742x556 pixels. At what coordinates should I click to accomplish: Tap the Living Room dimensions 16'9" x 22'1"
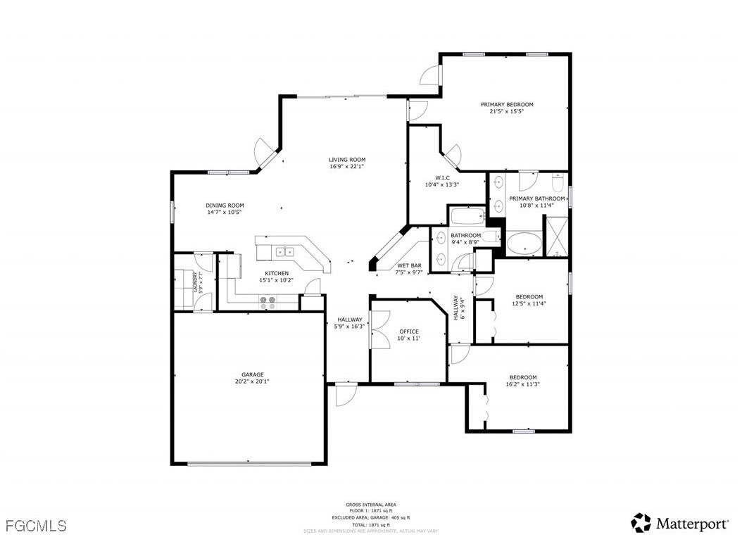347,167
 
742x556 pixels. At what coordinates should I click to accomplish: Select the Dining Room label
225,206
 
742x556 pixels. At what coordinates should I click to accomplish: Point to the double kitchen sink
284,250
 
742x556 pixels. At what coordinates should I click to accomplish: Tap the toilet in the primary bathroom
558,184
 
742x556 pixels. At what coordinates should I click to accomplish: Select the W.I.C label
442,177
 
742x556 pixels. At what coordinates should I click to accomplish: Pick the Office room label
408,331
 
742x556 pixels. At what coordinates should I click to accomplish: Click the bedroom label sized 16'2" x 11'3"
522,377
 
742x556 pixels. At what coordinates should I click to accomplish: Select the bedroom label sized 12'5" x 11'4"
529,296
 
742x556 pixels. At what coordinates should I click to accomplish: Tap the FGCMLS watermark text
35,525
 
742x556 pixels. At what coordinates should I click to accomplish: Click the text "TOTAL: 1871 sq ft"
371,525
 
